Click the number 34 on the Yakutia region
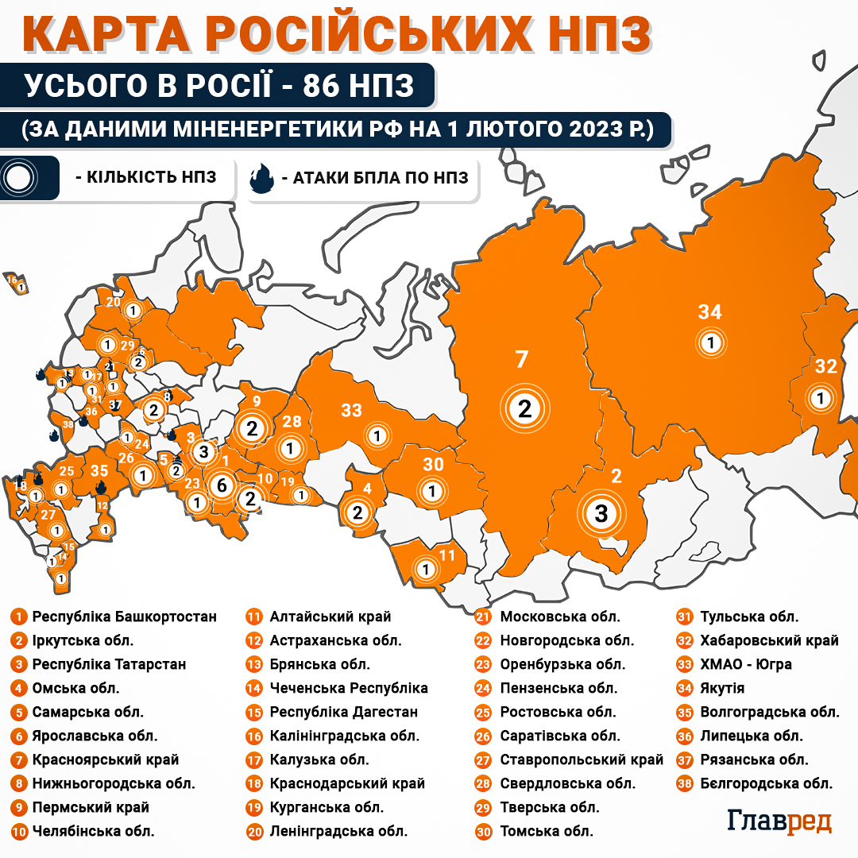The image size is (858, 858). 709,312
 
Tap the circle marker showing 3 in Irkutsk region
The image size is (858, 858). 601,513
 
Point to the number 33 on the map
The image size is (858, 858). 351,411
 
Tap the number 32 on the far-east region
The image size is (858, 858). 826,366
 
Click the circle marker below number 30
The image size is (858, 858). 432,492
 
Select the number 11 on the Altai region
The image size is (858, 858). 447,555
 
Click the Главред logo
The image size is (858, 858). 779,821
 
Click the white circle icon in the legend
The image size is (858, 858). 17,178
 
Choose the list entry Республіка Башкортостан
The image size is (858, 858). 124,616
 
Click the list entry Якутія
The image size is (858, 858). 722,688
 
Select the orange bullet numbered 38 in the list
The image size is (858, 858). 683,783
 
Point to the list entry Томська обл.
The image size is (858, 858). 547,832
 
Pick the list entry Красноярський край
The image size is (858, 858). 106,759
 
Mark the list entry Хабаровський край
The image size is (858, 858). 769,640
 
